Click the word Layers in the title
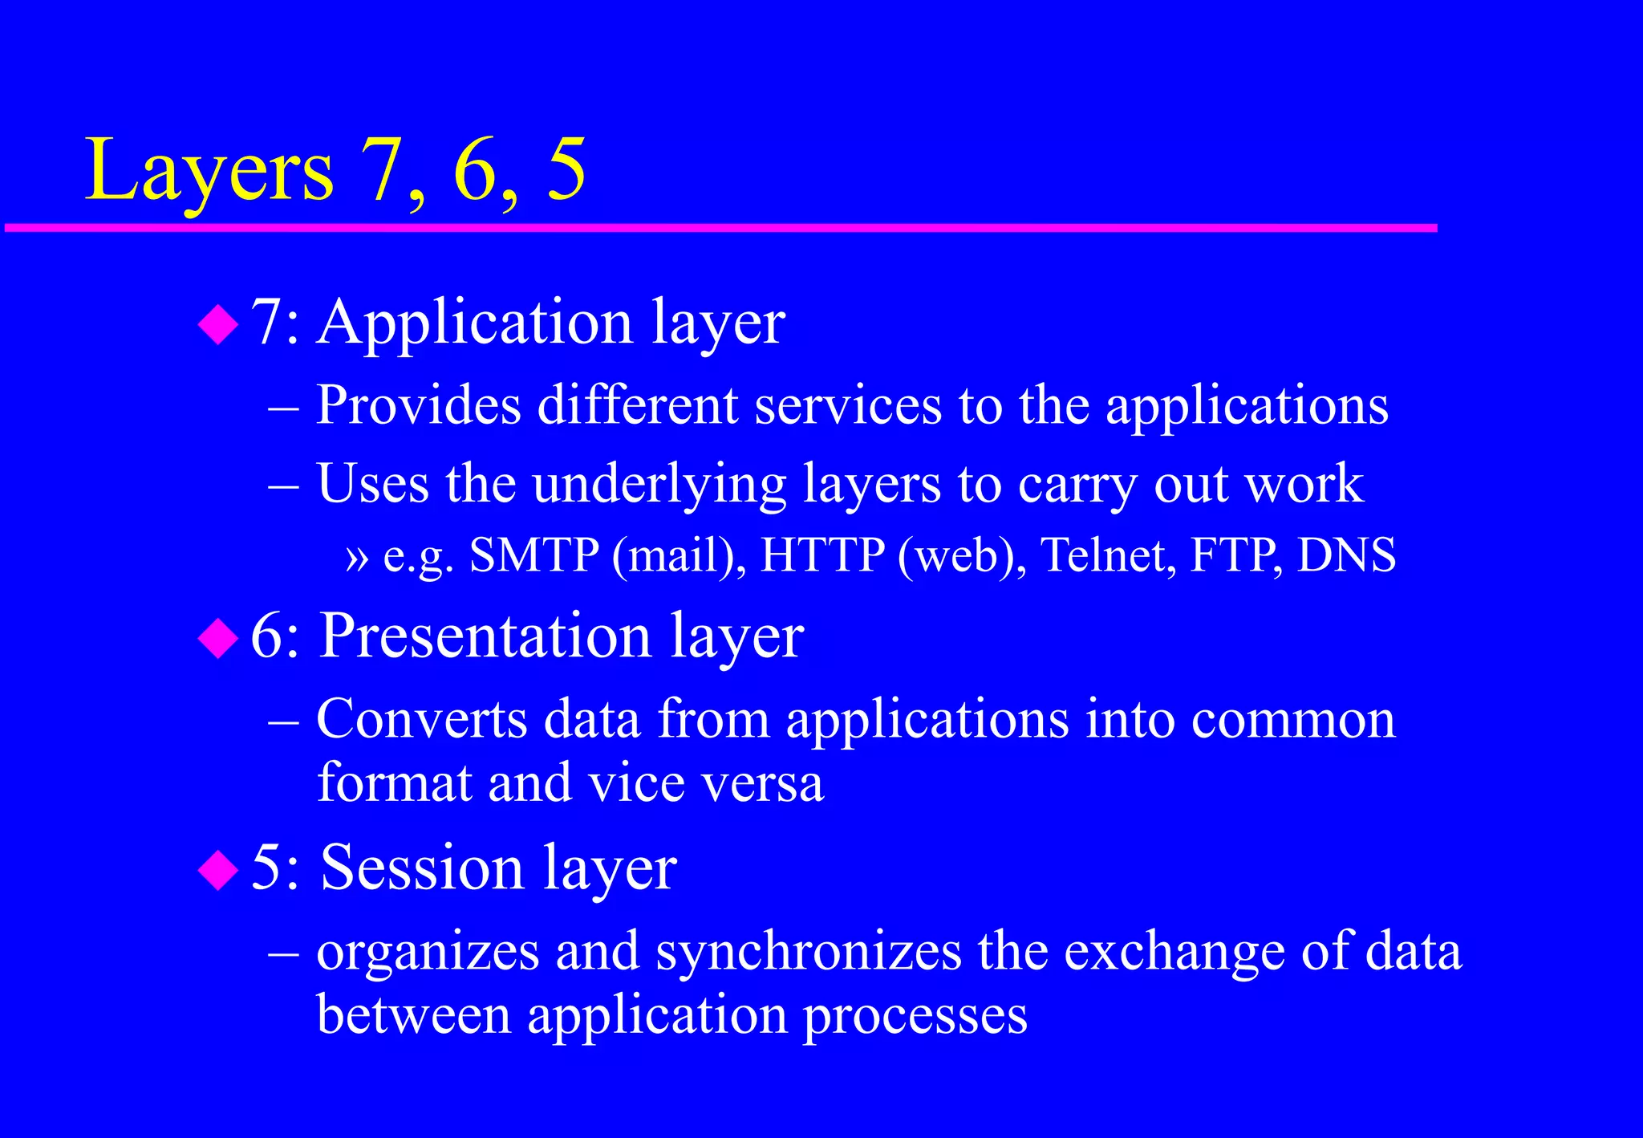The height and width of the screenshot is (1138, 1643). click(x=209, y=170)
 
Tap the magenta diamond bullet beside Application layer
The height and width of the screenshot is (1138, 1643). click(x=218, y=325)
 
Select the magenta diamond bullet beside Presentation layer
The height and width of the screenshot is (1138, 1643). click(x=218, y=639)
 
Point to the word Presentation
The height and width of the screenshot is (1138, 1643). click(x=485, y=636)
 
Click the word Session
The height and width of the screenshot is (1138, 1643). click(x=422, y=868)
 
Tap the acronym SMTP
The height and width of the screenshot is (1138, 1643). click(x=533, y=555)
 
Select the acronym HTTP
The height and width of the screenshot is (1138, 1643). click(x=822, y=555)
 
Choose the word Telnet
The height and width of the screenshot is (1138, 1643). click(x=1108, y=555)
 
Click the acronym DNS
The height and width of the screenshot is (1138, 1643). click(x=1346, y=555)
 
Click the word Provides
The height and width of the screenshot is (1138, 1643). click(x=418, y=405)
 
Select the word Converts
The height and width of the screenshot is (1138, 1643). click(x=422, y=718)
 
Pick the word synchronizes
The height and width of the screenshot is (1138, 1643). click(x=809, y=952)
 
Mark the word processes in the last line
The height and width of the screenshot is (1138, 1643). click(x=915, y=1015)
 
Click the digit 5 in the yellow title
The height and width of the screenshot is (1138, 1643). click(x=566, y=170)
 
